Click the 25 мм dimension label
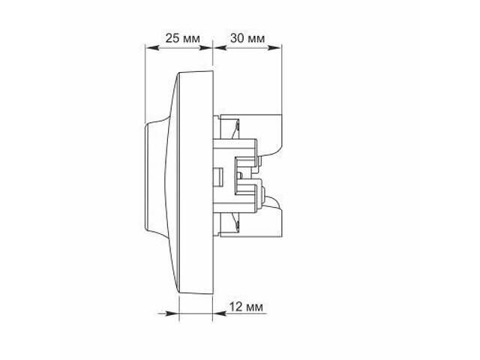pyautogui.click(x=183, y=38)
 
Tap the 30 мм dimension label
pyautogui.click(x=247, y=38)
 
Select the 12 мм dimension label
pyautogui.click(x=246, y=307)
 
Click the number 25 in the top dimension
pyautogui.click(x=172, y=38)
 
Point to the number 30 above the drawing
pyautogui.click(x=238, y=38)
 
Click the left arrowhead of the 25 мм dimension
pyautogui.click(x=151, y=48)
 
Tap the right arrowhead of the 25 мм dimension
pyautogui.click(x=205, y=48)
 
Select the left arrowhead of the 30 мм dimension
pyautogui.click(x=220, y=48)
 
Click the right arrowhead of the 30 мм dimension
pyautogui.click(x=274, y=48)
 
